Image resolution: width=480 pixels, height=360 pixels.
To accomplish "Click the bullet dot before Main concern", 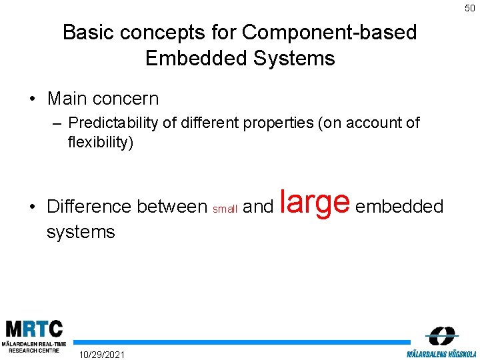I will pos(32,99).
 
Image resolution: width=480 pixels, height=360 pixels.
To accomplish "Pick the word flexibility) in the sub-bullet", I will pos(100,142).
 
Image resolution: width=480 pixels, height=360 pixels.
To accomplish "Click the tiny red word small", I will pos(225,209).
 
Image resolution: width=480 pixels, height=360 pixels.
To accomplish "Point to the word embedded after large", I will pos(399,207).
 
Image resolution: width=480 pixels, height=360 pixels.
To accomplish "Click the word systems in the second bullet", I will pos(81,232).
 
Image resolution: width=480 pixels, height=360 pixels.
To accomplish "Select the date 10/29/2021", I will pos(101,353).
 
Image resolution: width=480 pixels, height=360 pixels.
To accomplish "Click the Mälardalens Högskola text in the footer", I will pos(441,353).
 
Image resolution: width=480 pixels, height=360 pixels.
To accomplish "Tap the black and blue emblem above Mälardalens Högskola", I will pos(441,335).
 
